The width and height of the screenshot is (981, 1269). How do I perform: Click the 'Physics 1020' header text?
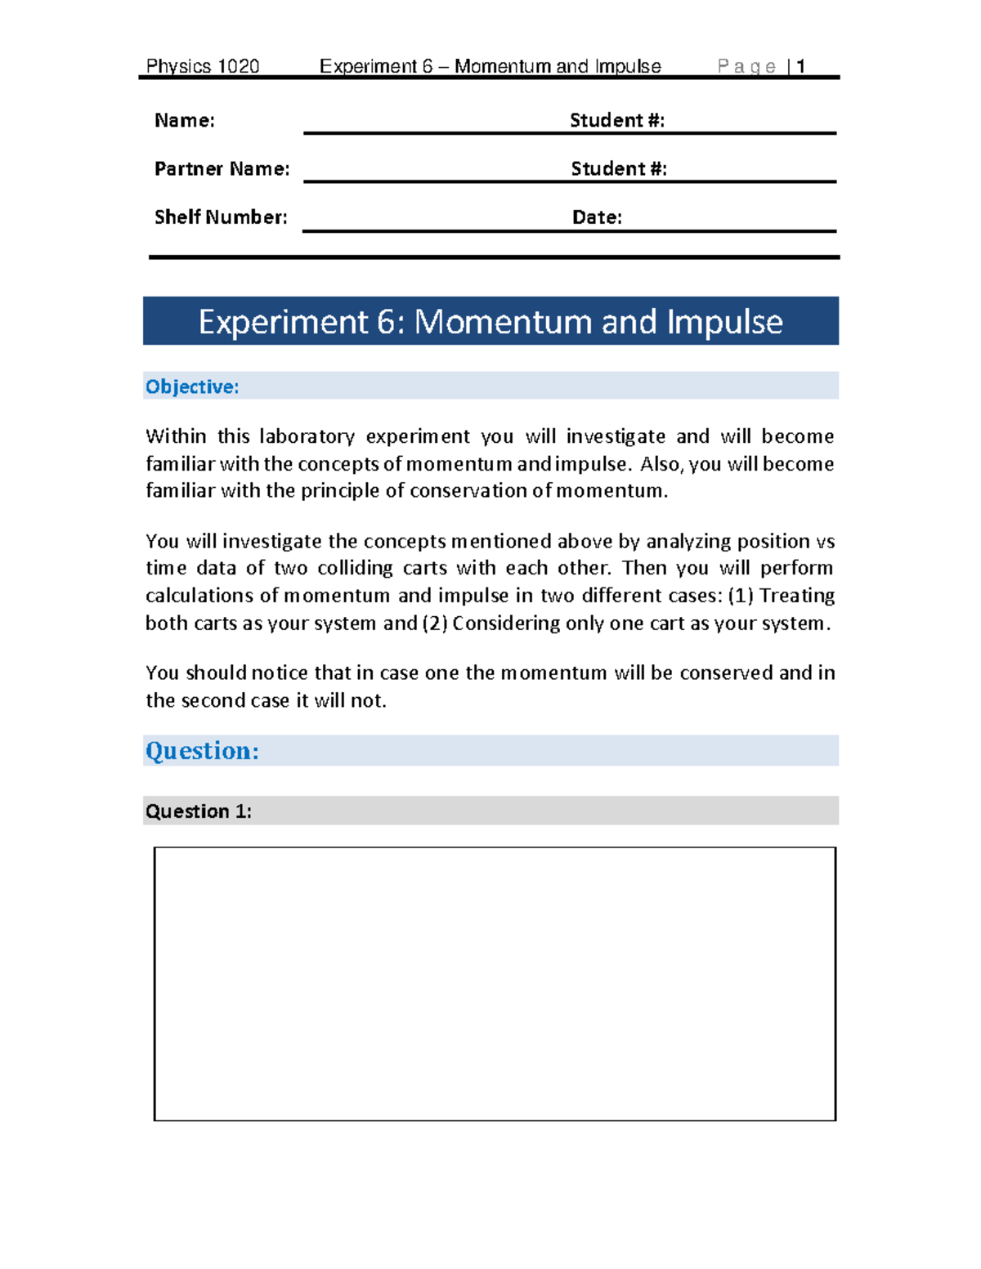(x=202, y=66)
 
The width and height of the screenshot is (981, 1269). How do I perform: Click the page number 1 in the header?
(x=801, y=66)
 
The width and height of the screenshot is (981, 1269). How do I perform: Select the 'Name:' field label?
(x=185, y=121)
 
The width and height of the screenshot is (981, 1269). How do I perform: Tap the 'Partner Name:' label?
(x=222, y=169)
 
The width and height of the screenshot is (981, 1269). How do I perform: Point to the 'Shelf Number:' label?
(x=221, y=217)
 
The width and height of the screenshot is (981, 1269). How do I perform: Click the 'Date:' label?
(x=597, y=217)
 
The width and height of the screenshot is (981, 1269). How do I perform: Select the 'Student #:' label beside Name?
(x=617, y=121)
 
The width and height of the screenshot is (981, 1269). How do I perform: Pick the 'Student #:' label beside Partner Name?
(x=619, y=169)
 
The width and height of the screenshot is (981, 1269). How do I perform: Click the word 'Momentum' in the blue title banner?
(x=503, y=322)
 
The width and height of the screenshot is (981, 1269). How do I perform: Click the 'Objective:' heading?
(x=192, y=387)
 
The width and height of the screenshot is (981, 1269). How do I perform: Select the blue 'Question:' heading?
(x=202, y=750)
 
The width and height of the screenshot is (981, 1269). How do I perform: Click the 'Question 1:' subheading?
(x=199, y=811)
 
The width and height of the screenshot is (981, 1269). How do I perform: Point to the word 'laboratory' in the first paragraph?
(x=307, y=436)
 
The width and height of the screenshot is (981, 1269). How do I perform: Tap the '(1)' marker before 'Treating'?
(x=740, y=596)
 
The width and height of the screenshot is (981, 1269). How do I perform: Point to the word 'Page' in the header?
(x=746, y=66)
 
